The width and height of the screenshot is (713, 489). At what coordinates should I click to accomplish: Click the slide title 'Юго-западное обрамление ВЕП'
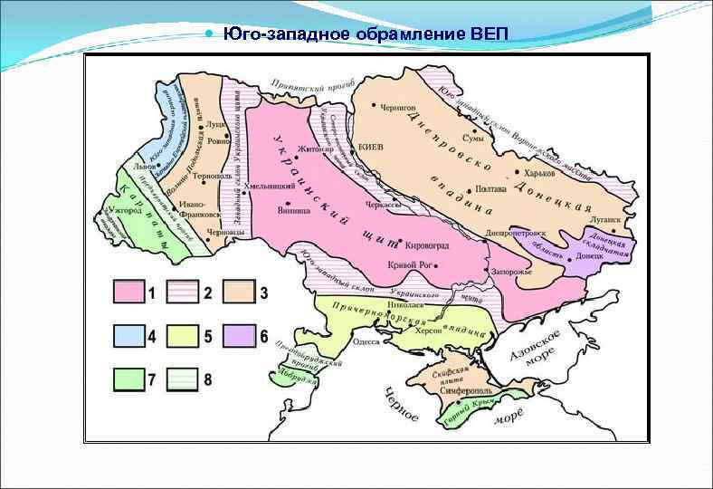[x=366, y=35]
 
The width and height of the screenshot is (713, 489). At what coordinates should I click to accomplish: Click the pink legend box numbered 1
[x=128, y=292]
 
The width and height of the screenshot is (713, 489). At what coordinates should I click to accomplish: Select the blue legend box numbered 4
[x=128, y=336]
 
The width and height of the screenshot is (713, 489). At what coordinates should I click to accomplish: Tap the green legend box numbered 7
[x=128, y=379]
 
